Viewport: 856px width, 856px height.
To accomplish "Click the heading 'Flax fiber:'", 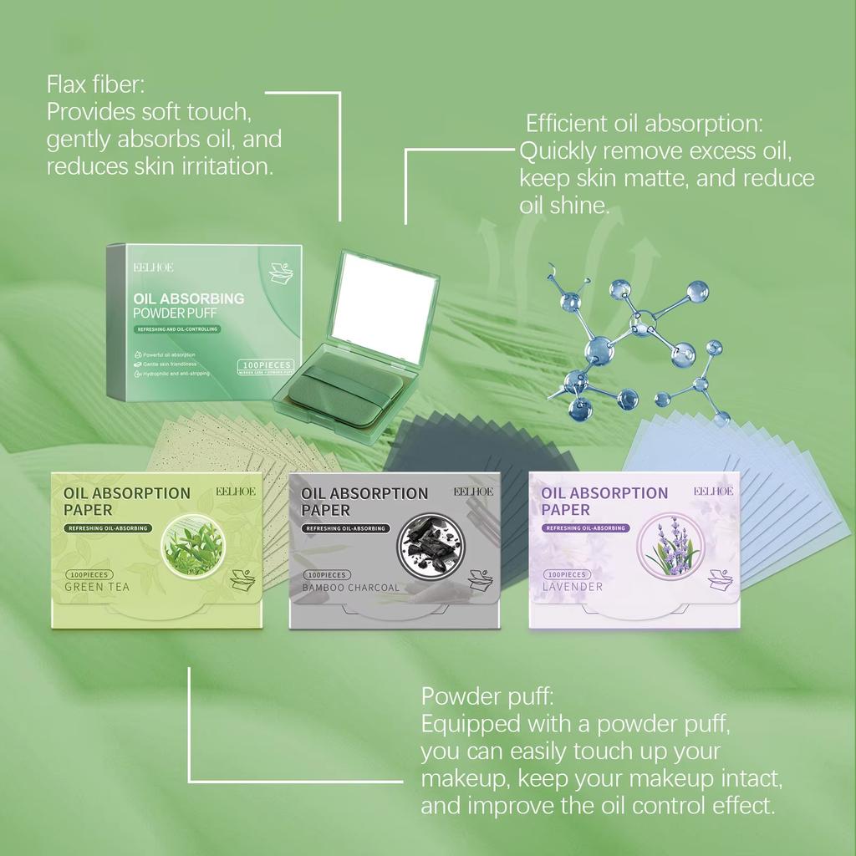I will (96, 84).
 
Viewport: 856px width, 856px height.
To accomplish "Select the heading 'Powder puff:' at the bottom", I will (487, 696).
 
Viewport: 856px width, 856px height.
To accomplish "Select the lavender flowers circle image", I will (669, 547).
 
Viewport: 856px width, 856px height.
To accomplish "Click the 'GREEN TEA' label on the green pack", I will (97, 587).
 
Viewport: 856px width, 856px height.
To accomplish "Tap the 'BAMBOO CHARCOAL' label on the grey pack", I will (352, 588).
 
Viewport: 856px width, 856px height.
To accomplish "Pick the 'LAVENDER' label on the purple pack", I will (573, 587).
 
